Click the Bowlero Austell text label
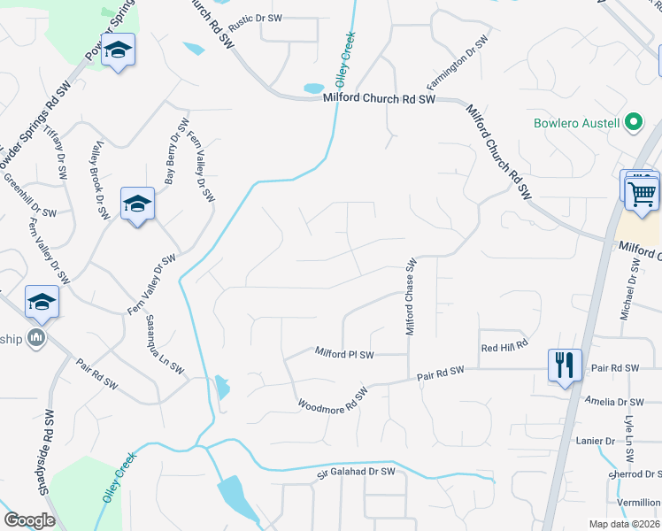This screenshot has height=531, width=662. [x=576, y=123]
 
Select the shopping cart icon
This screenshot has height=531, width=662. [x=642, y=193]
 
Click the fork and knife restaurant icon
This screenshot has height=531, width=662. [x=564, y=364]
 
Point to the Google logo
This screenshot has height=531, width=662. [x=29, y=520]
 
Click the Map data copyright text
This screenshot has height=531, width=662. [x=625, y=524]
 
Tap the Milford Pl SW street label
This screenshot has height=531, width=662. [x=345, y=354]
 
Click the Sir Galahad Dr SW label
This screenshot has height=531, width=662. [x=356, y=474]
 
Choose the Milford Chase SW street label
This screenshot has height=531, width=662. [x=411, y=296]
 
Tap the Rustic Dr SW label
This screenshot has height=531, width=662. [x=255, y=18]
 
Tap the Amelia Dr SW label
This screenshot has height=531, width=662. [x=612, y=402]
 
